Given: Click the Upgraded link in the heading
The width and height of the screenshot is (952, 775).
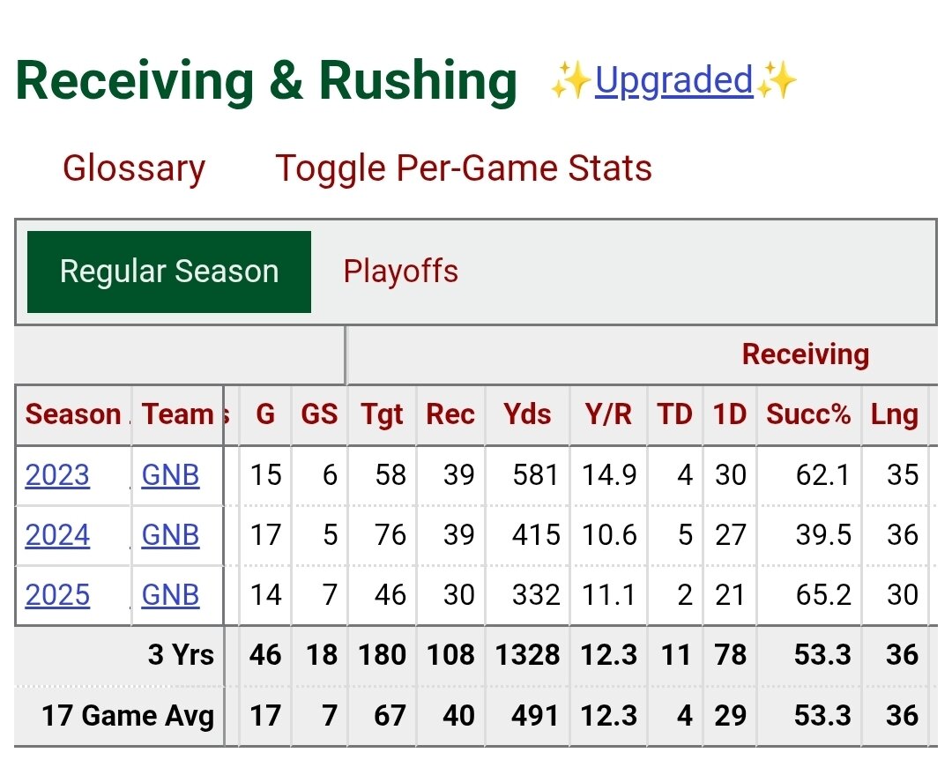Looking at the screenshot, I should click(674, 81).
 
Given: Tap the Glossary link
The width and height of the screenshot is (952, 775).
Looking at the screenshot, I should click(134, 168).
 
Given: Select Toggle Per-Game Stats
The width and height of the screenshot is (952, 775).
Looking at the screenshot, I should click(464, 168).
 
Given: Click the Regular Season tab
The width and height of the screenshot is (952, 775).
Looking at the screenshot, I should click(169, 272).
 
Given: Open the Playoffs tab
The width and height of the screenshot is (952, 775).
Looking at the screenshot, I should click(401, 272).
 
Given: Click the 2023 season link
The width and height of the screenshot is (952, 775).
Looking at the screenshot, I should click(57, 475).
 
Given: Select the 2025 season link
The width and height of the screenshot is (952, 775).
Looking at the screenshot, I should click(57, 595).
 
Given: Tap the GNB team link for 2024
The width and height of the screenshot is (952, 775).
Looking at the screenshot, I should click(170, 535).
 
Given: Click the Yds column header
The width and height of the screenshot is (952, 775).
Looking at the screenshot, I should click(527, 414).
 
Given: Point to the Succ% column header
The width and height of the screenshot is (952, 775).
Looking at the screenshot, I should click(808, 414).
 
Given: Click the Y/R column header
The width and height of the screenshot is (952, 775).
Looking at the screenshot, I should click(608, 414).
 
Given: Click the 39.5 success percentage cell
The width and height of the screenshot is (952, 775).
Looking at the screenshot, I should click(822, 535).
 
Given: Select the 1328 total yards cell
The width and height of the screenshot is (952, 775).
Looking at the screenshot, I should click(526, 655).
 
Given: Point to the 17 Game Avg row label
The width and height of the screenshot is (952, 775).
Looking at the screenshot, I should click(128, 715).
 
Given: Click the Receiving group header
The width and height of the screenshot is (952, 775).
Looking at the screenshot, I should click(806, 354).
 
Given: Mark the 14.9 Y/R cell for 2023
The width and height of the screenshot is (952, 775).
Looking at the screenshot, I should click(609, 475).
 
